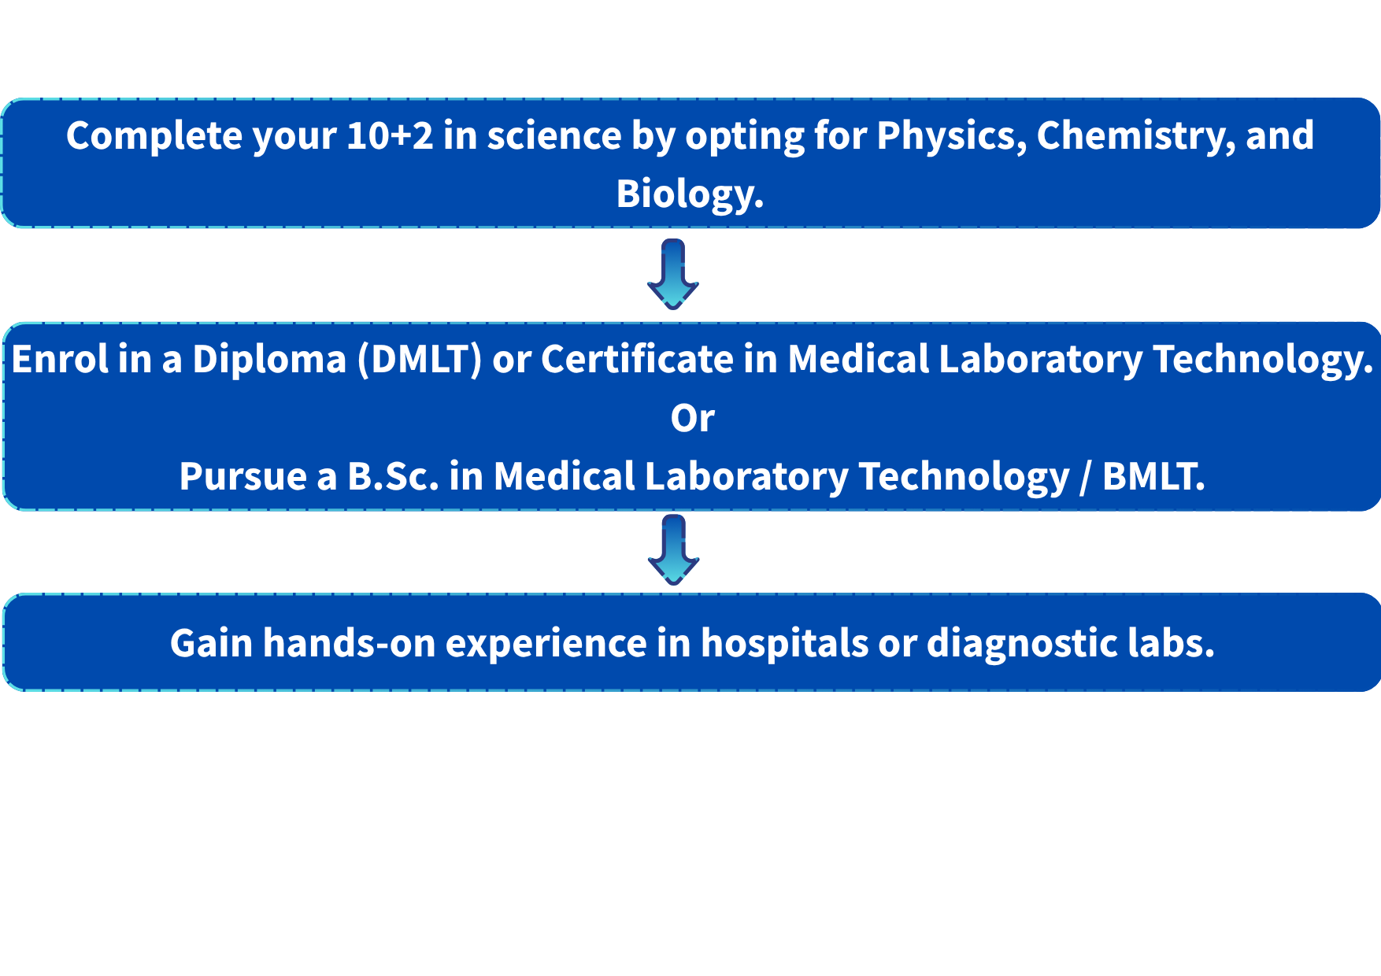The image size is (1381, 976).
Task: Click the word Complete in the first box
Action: coord(154,136)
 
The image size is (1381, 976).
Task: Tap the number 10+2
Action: coord(390,135)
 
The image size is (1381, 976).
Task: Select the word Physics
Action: coord(952,136)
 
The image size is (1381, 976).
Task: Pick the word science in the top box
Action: coord(554,135)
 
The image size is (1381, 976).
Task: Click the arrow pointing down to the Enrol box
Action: coord(673,274)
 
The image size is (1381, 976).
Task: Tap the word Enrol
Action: coord(60,359)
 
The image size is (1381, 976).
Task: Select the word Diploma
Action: coord(269,360)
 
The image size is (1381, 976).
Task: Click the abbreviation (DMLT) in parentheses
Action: coord(420,360)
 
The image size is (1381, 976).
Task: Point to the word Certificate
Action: coord(638,359)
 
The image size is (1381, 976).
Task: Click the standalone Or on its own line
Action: coord(693,418)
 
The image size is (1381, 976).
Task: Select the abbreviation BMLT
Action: coord(1153,476)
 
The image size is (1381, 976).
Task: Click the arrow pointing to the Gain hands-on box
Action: coord(674,549)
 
